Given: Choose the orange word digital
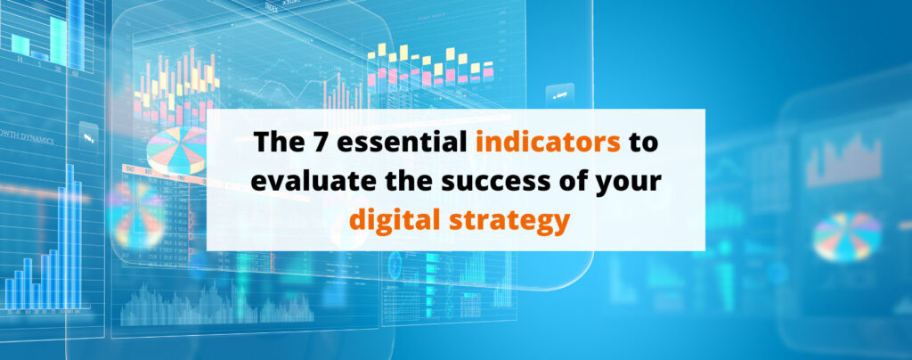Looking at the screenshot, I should tap(398, 218).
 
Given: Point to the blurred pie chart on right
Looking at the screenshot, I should tap(846, 234).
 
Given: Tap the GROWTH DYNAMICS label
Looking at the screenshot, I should tap(27, 140).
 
